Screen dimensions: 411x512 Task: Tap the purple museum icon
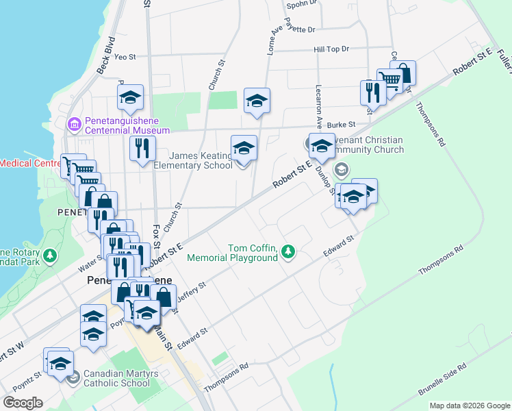[75, 125]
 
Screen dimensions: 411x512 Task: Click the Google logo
[23, 402]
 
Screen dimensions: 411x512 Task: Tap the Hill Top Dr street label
[331, 49]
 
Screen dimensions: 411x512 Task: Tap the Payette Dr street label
[301, 30]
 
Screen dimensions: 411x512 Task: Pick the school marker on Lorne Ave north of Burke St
[257, 101]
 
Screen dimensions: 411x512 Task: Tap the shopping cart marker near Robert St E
[389, 81]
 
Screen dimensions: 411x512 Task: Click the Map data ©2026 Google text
[470, 406]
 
